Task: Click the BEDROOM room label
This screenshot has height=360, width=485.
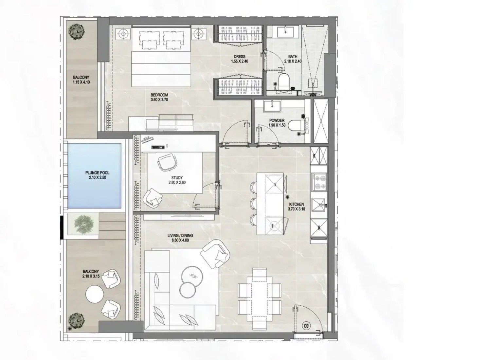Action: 159,95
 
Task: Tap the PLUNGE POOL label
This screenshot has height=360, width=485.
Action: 97,173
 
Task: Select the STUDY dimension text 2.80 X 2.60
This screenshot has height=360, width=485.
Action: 177,182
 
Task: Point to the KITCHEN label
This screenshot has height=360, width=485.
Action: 296,204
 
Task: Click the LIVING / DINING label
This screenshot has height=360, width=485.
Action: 180,236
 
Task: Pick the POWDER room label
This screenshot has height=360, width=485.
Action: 277,120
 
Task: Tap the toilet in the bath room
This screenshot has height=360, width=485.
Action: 284,81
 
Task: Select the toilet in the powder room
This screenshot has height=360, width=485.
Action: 296,126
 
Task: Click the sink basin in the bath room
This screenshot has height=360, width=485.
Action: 285,32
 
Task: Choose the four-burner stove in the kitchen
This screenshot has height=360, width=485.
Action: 320,182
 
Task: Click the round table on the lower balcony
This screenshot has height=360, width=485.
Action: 94,294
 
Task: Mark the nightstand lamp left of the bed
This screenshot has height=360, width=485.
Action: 123,34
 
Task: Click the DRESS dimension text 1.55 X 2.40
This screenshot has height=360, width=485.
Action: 240,62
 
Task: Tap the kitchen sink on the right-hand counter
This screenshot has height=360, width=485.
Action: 319,205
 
